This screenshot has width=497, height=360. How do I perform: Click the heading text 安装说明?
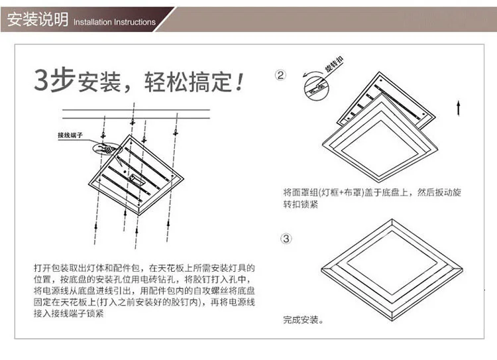[37, 20]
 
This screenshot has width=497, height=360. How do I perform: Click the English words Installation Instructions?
[114, 23]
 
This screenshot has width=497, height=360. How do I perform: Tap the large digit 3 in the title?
[42, 80]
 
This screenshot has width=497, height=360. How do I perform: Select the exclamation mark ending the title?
[240, 82]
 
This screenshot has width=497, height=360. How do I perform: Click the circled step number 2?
[280, 76]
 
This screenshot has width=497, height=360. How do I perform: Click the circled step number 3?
[286, 238]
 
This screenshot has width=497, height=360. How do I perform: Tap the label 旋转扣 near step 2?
[333, 67]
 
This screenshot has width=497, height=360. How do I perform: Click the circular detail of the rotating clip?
[315, 86]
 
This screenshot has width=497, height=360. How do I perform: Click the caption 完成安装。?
[303, 320]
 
